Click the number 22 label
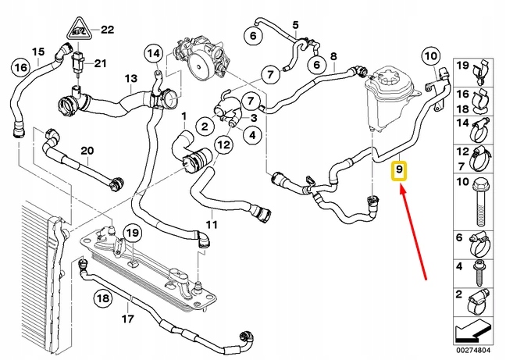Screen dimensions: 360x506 (x=107, y=30)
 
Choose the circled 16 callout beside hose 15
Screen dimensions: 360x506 (x=18, y=68)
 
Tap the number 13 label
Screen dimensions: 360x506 (x=130, y=78)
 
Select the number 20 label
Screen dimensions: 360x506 (x=87, y=150)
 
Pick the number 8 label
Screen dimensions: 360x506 (x=333, y=56)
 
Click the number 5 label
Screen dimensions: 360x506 (x=295, y=26)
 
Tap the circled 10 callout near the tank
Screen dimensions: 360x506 (x=430, y=55)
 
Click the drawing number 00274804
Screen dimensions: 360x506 (x=479, y=351)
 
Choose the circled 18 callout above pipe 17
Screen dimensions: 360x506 (x=102, y=298)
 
